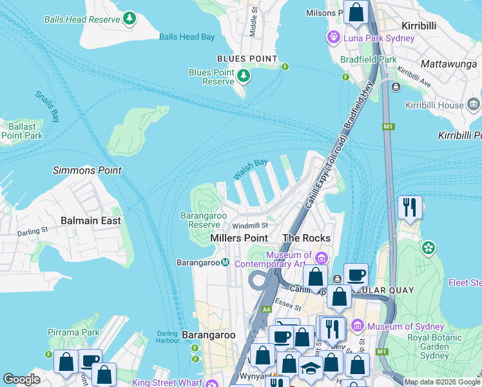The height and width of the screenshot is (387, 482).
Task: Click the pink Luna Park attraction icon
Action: pos(334,37)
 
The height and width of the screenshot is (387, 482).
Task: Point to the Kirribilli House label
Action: pos(434,105)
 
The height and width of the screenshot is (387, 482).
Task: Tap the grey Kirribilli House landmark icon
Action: pos(474,104)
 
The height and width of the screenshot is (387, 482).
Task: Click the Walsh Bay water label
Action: pos(250,170)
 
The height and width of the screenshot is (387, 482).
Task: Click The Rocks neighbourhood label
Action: pos(306,238)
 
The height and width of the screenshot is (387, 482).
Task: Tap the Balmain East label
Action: pos(90,221)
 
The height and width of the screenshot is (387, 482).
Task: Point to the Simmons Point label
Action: pos(87,171)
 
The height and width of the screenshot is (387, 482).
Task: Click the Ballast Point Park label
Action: pos(21,131)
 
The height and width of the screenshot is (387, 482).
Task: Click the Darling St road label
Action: pos(33,231)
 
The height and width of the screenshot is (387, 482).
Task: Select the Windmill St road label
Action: pos(249,226)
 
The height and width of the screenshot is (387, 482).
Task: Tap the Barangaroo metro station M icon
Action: pos(226,263)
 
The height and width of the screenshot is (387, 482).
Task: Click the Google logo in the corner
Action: pos(21,379)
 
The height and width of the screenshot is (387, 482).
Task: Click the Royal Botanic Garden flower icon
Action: pos(428,247)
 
